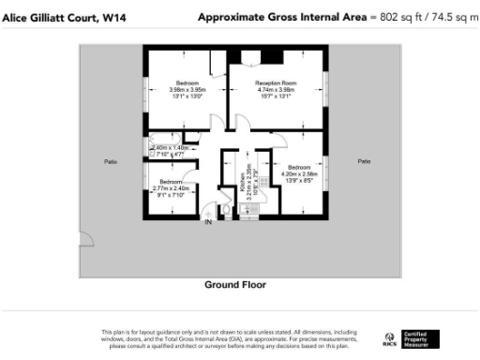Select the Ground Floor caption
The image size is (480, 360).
[235, 284]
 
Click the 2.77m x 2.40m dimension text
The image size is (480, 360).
[171, 188]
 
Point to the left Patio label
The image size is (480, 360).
[111, 162]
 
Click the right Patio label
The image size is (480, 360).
[364, 162]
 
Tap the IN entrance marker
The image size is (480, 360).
[209, 222]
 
